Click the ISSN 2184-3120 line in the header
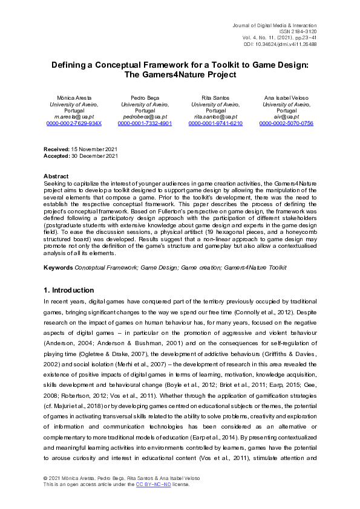[x=296, y=31]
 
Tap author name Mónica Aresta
[x=74, y=97]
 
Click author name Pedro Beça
[x=145, y=97]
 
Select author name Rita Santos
[x=215, y=97]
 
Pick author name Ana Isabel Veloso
[x=286, y=97]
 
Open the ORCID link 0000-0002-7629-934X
[x=74, y=123]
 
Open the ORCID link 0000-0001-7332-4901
[x=145, y=123]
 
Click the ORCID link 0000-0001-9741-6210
[x=215, y=123]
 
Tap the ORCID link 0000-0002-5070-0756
[x=286, y=123]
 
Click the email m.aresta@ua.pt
[x=74, y=117]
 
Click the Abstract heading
[x=56, y=176]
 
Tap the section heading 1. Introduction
[x=69, y=290]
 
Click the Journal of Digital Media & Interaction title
[x=275, y=24]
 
